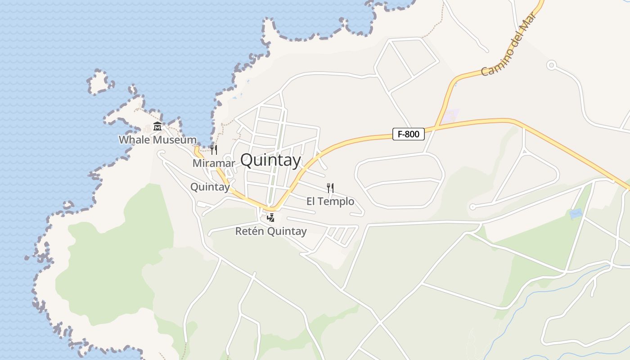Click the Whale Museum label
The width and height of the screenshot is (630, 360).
(x=157, y=139)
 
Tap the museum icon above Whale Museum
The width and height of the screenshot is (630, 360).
(x=157, y=126)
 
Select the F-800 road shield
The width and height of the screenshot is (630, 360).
(x=409, y=134)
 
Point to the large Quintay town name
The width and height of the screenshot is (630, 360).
(x=270, y=160)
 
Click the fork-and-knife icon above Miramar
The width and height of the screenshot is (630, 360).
(x=214, y=149)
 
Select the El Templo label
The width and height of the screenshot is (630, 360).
(x=330, y=201)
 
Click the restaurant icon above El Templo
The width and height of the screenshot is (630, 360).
(x=330, y=188)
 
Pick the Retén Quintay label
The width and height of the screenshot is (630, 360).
(x=271, y=231)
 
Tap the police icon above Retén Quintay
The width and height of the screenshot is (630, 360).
(x=270, y=218)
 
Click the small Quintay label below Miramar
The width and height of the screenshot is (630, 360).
(x=210, y=187)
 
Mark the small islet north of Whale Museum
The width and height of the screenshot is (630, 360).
(x=100, y=82)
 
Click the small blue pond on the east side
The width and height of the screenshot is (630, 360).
(x=576, y=213)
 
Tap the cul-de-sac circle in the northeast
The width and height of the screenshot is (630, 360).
(x=551, y=65)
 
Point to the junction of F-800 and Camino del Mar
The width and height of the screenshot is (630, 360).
(x=436, y=128)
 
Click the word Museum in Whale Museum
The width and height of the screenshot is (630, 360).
(x=175, y=139)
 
